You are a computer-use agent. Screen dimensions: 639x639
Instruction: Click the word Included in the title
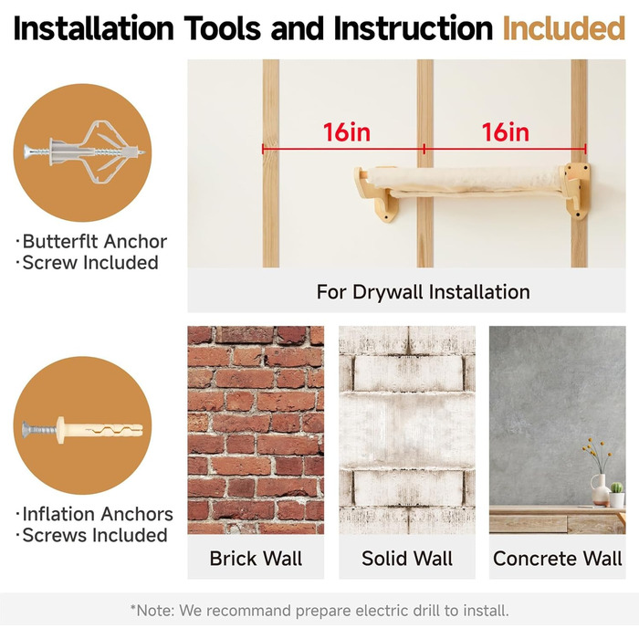(564, 28)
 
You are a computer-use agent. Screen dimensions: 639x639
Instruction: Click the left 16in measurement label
(347, 132)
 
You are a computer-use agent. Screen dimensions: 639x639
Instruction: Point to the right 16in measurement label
(506, 132)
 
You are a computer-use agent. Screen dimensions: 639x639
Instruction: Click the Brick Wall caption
(256, 559)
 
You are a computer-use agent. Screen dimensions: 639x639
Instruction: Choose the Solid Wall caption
(407, 559)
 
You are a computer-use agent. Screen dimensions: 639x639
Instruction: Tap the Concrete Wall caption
(558, 559)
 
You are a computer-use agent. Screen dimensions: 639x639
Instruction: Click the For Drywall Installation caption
(423, 292)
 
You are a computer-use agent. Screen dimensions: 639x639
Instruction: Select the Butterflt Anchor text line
(95, 242)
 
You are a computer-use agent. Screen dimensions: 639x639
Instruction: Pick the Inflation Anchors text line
(98, 514)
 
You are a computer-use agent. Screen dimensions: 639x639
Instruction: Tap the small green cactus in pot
(616, 495)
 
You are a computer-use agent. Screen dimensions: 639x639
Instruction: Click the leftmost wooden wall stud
(270, 163)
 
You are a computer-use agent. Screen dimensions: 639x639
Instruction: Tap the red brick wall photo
(256, 430)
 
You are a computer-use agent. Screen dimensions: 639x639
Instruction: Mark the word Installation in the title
(94, 28)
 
